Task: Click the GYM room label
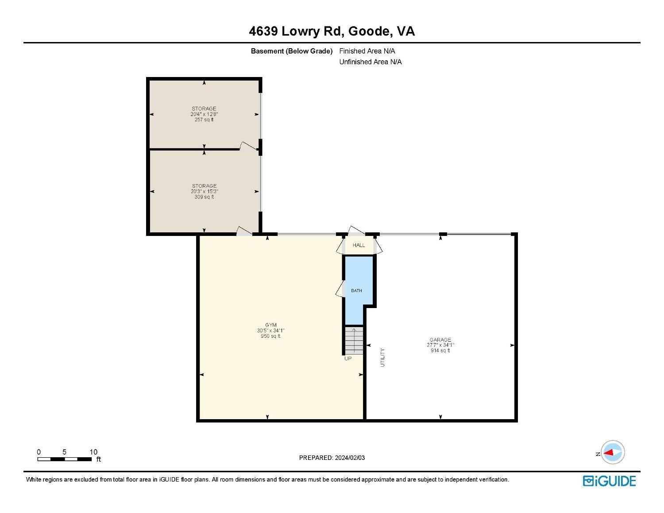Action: (270, 325)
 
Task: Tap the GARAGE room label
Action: (440, 339)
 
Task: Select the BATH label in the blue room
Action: (356, 291)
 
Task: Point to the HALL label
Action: (359, 245)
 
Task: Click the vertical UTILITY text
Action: (383, 357)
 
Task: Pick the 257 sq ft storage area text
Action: (204, 120)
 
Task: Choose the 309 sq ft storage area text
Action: (204, 197)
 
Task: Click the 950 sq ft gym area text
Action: (270, 336)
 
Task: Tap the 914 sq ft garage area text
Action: (440, 351)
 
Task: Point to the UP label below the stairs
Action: (348, 359)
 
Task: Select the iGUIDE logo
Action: (609, 481)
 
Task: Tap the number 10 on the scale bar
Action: (93, 452)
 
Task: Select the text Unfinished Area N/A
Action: (371, 62)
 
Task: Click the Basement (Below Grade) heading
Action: (291, 51)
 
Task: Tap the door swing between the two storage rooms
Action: (247, 147)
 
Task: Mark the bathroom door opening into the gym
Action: (340, 289)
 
